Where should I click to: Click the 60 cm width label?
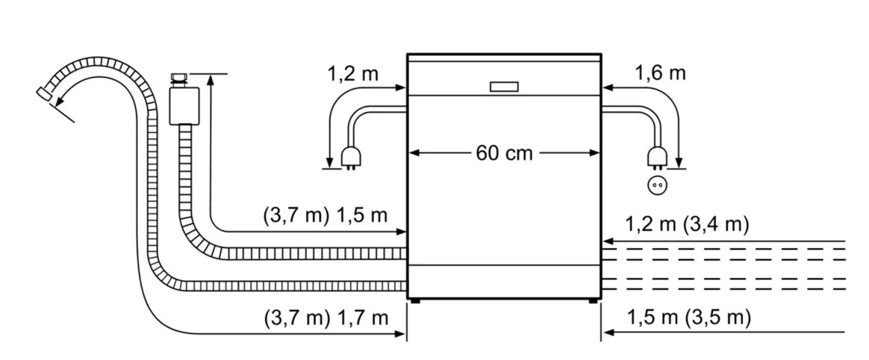click(x=504, y=153)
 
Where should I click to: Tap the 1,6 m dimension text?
click(x=660, y=72)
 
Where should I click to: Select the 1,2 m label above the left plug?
click(x=353, y=74)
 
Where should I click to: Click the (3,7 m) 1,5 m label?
click(x=326, y=215)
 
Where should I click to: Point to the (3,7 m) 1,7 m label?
click(x=326, y=318)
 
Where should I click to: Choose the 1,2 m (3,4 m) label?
click(x=688, y=224)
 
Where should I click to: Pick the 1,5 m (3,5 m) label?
click(x=689, y=318)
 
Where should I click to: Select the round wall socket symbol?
click(x=657, y=185)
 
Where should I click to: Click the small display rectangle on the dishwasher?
click(x=505, y=87)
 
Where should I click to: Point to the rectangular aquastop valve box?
click(x=184, y=105)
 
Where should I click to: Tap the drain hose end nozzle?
click(x=44, y=93)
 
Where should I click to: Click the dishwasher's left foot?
click(x=414, y=301)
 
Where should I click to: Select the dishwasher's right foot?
click(x=594, y=301)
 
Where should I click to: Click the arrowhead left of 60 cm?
click(x=414, y=154)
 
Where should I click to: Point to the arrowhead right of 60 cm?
click(x=595, y=154)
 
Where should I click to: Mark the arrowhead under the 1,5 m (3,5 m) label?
click(x=608, y=333)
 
